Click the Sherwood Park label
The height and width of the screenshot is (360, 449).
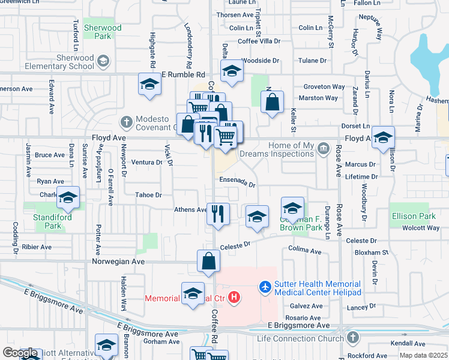[103, 32]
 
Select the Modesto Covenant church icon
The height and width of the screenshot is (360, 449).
[126, 121]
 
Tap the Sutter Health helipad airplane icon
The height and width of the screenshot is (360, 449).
[264, 288]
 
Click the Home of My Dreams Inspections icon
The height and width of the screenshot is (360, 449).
[324, 147]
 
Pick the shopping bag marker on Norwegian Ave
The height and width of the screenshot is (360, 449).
[208, 261]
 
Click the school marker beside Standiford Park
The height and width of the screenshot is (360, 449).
[68, 197]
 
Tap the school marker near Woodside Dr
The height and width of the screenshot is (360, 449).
[231, 71]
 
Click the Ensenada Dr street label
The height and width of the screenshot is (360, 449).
[237, 182]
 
